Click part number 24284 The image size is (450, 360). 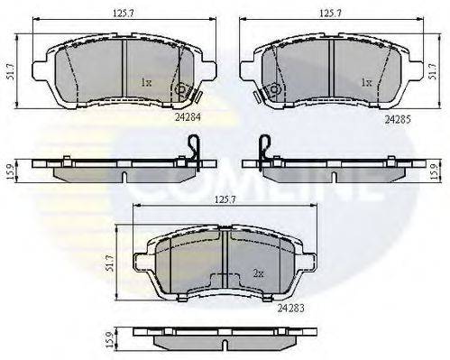(x=191, y=116)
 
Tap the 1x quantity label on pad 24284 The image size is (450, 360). (x=146, y=82)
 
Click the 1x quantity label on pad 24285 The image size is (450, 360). (x=365, y=82)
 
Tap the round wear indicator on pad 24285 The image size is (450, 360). (x=269, y=90)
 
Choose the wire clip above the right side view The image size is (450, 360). (x=264, y=144)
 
